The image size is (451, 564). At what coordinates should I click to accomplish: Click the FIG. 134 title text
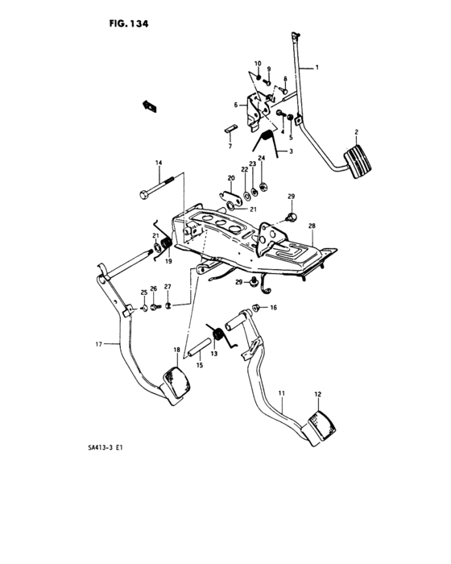click(128, 23)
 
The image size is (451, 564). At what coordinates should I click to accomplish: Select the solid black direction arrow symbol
click(148, 103)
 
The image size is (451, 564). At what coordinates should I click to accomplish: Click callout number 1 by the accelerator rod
click(317, 68)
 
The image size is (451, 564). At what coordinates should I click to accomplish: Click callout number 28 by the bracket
click(311, 226)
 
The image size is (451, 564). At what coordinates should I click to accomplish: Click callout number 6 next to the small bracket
click(237, 105)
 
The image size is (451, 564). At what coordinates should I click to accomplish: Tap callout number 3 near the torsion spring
click(291, 151)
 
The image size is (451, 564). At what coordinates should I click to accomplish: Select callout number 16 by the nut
click(272, 308)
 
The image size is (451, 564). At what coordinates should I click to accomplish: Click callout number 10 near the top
click(258, 63)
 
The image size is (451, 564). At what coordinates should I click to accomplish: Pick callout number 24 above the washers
click(261, 158)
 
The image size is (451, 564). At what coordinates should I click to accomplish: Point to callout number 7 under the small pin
click(229, 147)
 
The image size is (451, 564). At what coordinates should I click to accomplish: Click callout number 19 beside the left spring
click(169, 262)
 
